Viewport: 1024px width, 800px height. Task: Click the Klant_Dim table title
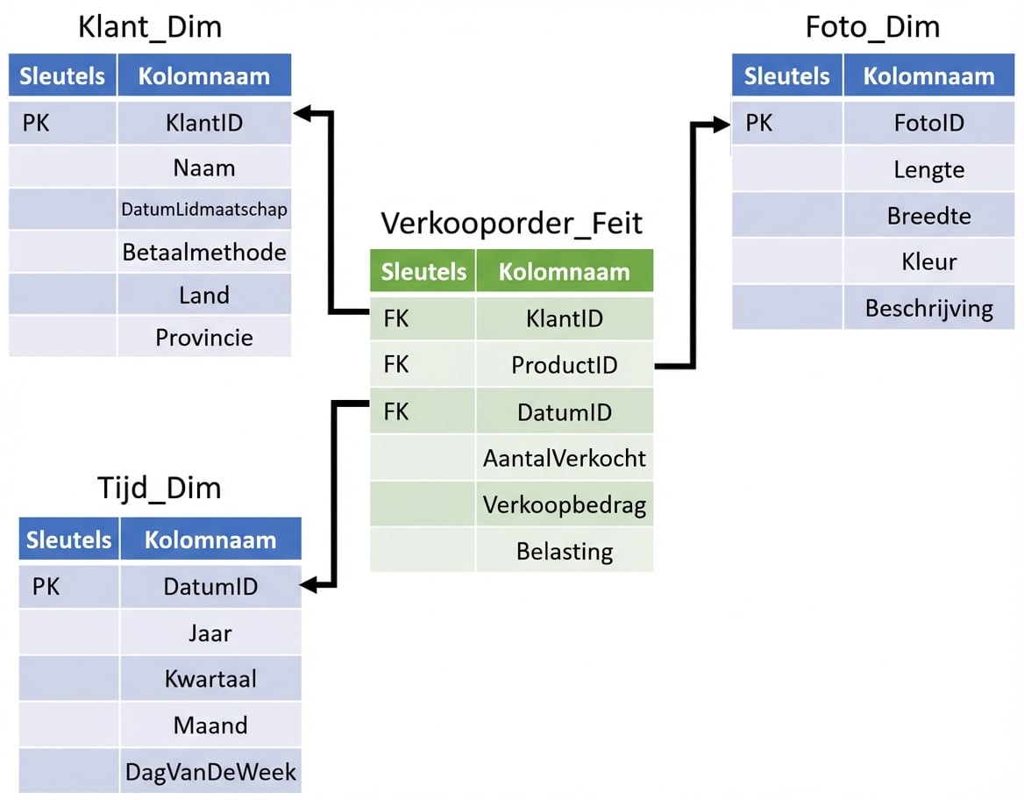[150, 27]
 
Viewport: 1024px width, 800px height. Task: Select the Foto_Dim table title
[872, 27]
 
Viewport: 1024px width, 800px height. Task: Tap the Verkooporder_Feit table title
[511, 223]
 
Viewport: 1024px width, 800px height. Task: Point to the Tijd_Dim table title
[159, 489]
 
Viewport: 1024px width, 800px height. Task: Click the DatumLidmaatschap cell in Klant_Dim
[204, 210]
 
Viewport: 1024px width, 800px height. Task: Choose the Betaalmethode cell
[204, 253]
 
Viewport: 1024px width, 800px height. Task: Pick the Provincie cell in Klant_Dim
[204, 337]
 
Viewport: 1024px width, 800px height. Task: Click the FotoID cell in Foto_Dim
[929, 123]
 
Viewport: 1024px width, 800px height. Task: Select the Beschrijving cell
[929, 308]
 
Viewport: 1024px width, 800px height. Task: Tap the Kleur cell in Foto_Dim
[929, 261]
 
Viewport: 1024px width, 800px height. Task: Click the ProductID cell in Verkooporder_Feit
[565, 365]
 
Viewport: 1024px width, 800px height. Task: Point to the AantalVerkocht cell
[565, 458]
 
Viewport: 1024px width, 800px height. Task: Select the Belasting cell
[565, 551]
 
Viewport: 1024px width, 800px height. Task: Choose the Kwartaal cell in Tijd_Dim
[211, 679]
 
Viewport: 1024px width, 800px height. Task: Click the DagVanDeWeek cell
[211, 772]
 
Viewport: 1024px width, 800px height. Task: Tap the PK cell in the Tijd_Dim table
[46, 586]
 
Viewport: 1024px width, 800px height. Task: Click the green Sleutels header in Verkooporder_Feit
[423, 271]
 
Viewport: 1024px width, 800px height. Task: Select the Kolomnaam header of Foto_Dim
[929, 76]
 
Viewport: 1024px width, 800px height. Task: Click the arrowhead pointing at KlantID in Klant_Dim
[302, 112]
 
